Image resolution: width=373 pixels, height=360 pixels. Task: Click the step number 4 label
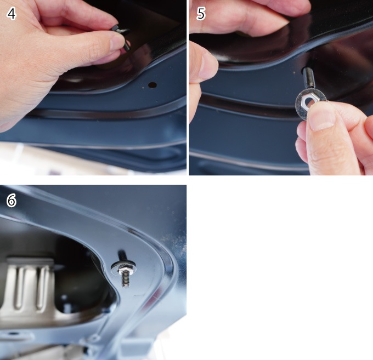coord(12,14)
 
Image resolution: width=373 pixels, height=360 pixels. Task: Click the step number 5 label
coord(201,14)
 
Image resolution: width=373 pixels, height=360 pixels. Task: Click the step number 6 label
coord(12,201)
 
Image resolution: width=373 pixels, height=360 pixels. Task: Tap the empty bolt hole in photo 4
coord(152,85)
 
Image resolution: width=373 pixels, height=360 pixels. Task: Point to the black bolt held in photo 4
coord(122,37)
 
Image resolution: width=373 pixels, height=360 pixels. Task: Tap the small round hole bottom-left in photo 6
coord(13,334)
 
